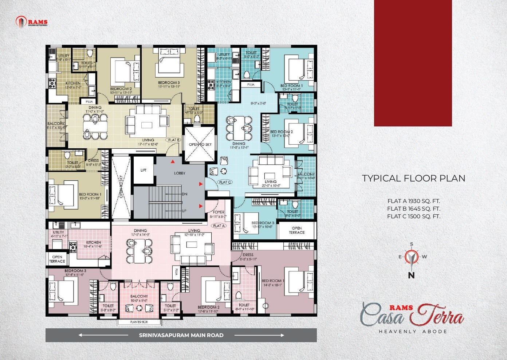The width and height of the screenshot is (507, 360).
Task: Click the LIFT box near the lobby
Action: click(144, 170)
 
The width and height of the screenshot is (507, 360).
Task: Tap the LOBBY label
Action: click(180, 173)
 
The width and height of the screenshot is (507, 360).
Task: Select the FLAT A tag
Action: click(219, 226)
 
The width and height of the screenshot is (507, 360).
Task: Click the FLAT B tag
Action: click(174, 140)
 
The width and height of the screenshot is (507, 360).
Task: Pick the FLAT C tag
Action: click(225, 182)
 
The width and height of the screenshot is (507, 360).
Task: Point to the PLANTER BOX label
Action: click(139, 322)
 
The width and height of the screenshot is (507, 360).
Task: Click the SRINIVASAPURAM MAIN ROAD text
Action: click(181, 335)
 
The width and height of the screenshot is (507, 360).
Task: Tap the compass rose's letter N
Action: click(411, 276)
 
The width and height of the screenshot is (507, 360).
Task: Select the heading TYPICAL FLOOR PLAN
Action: click(413, 179)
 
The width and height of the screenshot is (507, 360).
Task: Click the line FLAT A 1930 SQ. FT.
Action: click(414, 201)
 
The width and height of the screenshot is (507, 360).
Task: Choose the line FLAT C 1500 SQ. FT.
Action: click(414, 216)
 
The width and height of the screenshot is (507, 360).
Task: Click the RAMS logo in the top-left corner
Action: click(32, 22)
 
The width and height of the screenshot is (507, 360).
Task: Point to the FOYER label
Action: click(219, 212)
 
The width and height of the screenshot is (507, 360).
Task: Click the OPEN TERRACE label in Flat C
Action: click(296, 230)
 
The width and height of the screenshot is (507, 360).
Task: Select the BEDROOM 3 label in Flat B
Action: click(169, 83)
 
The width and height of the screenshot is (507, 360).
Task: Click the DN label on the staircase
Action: click(184, 194)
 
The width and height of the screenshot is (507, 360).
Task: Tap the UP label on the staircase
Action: click(184, 211)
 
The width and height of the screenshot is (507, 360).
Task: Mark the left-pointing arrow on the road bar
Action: click(87, 335)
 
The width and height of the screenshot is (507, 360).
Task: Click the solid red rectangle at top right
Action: click(413, 63)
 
